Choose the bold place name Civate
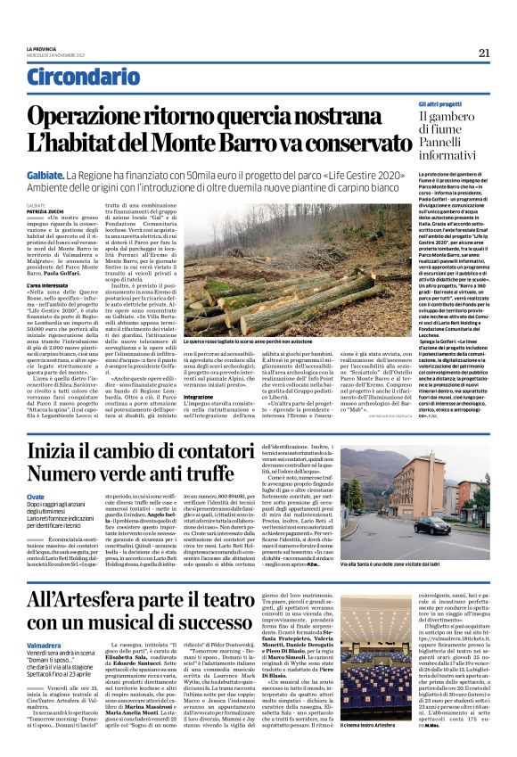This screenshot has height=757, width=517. coord(37,496)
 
